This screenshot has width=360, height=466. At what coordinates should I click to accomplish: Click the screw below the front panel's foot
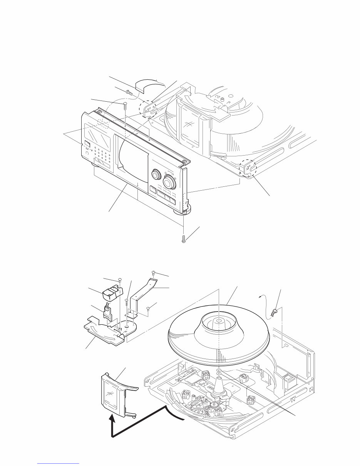point(184,240)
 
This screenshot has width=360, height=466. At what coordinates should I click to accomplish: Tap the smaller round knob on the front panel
point(156,174)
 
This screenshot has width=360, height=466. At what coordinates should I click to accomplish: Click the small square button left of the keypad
point(87,146)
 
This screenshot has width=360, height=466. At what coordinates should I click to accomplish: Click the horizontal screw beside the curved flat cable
point(129,92)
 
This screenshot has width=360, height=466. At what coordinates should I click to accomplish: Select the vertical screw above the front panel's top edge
point(125,104)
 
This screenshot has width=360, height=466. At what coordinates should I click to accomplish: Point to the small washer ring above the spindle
point(218,371)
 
